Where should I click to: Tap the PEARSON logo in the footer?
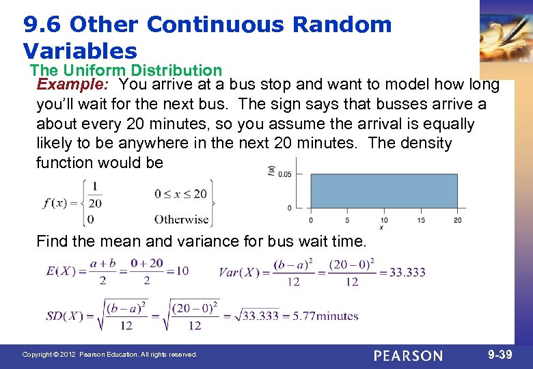click(x=408, y=355)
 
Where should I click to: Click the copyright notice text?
click(x=109, y=355)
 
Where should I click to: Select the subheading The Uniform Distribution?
click(x=126, y=70)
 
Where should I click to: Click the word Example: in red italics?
click(x=74, y=85)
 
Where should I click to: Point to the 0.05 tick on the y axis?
click(x=284, y=174)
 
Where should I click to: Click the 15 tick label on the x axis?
click(x=421, y=220)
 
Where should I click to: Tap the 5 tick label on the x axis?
click(x=347, y=220)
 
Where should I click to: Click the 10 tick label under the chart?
click(x=384, y=220)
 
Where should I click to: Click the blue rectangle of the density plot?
click(x=384, y=191)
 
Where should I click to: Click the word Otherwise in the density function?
click(x=181, y=219)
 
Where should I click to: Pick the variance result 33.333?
click(x=407, y=272)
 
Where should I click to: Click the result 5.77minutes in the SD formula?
click(x=329, y=316)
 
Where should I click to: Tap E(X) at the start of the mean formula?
click(x=60, y=271)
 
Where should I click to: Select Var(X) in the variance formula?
click(x=238, y=272)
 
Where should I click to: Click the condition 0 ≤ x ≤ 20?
click(x=180, y=193)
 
